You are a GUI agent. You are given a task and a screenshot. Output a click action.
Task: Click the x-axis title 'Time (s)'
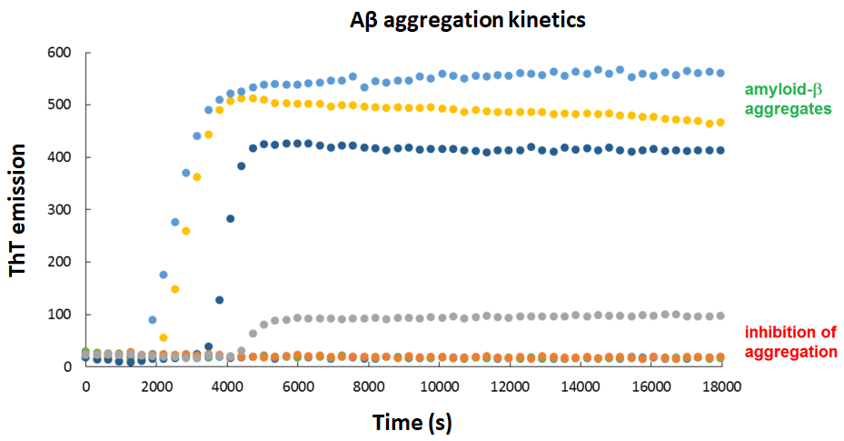[x=411, y=422]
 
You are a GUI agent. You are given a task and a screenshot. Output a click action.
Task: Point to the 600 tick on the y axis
[x=60, y=53]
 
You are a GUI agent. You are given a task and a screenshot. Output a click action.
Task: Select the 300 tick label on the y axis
[x=60, y=210]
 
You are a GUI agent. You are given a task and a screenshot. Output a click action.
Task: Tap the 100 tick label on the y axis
[x=60, y=315]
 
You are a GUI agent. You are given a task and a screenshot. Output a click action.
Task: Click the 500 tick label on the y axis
[x=60, y=105]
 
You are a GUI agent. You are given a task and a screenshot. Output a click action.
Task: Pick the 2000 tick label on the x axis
[x=156, y=386]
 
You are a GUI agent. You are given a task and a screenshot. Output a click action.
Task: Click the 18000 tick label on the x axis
[x=721, y=386]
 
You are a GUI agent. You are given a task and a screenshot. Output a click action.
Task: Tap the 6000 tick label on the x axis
[x=298, y=386]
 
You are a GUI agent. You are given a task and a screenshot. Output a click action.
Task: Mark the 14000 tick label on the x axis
[x=581, y=386]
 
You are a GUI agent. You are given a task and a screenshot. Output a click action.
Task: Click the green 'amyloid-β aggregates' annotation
[x=788, y=98]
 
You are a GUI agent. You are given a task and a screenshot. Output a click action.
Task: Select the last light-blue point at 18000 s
[x=720, y=73]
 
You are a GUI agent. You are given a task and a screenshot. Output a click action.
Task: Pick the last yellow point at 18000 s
[x=720, y=122]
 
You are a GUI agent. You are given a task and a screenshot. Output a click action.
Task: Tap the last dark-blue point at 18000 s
[x=720, y=150]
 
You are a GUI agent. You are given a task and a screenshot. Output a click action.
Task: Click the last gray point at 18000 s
[x=720, y=316]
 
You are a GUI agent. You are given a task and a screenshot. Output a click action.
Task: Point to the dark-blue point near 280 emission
[x=231, y=218]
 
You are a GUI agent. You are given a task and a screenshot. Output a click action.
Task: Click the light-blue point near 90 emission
[x=153, y=319]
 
